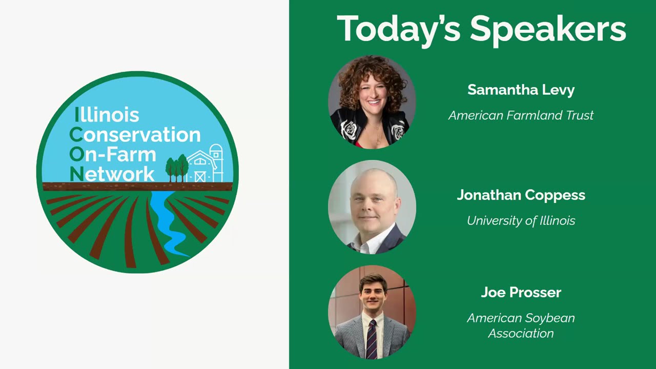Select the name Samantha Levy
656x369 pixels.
pos(521,90)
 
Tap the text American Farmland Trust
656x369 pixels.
pos(521,115)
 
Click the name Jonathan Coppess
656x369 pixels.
pos(521,195)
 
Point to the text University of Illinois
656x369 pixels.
pos(521,221)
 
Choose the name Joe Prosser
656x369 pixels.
pos(521,293)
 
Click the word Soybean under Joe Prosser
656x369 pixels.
pos(549,318)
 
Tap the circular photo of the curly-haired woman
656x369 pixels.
pos(372,101)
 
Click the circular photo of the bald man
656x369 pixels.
pos(372,207)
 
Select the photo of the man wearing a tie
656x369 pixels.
pos(372,312)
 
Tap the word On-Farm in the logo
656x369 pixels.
pos(113,154)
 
